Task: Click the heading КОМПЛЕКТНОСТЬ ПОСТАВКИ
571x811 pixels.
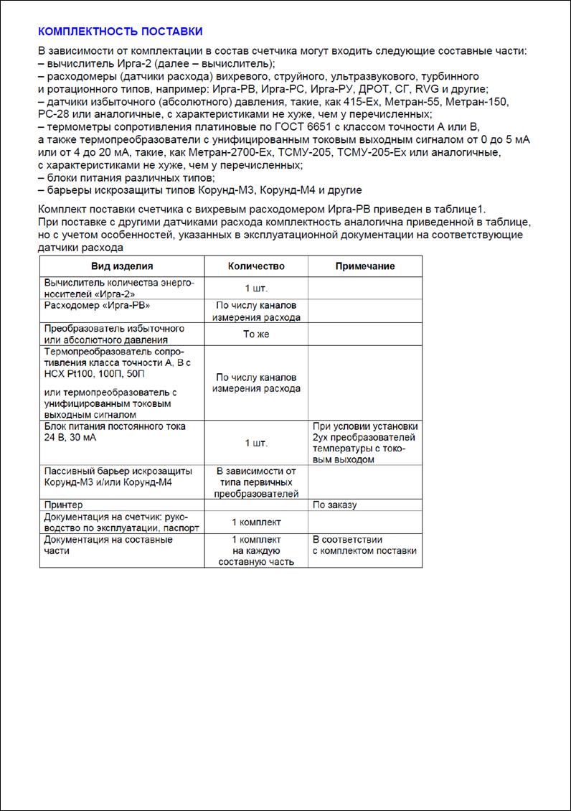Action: click(120, 32)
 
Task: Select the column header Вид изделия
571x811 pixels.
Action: click(122, 266)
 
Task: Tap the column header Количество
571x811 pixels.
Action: click(256, 266)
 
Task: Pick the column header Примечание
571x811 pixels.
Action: click(365, 266)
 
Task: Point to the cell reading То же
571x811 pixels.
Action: click(256, 334)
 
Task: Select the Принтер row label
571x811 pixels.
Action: click(64, 505)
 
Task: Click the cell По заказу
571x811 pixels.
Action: click(334, 505)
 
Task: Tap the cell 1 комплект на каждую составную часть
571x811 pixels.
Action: click(256, 550)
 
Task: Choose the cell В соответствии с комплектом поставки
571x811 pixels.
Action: click(364, 545)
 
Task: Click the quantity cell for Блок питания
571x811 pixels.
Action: click(256, 443)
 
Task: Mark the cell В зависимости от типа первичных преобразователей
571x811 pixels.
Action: click(256, 482)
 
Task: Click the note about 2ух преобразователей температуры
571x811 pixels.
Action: click(364, 443)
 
